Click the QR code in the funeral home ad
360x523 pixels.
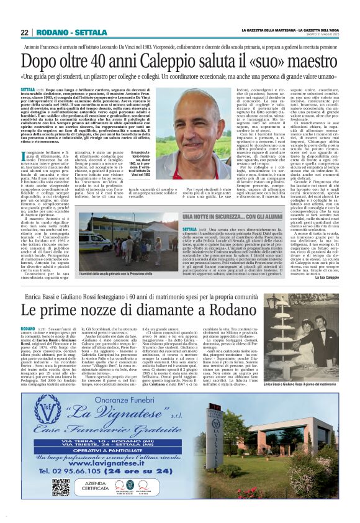61,504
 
